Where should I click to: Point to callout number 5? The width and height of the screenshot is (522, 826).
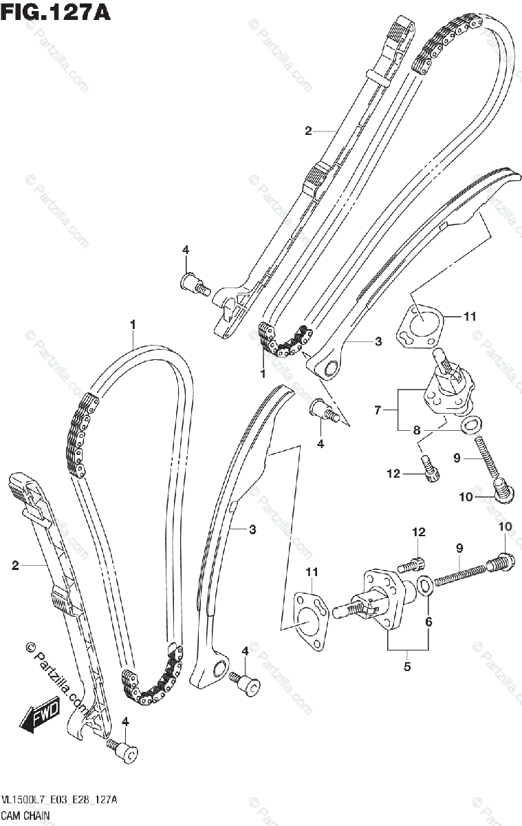coord(406,666)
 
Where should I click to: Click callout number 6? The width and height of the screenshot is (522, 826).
coord(428,622)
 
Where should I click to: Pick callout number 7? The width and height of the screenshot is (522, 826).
coord(378,410)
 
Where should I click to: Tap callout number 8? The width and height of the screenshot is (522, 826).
coord(417,430)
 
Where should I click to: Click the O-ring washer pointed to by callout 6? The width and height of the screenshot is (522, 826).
coord(426,586)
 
